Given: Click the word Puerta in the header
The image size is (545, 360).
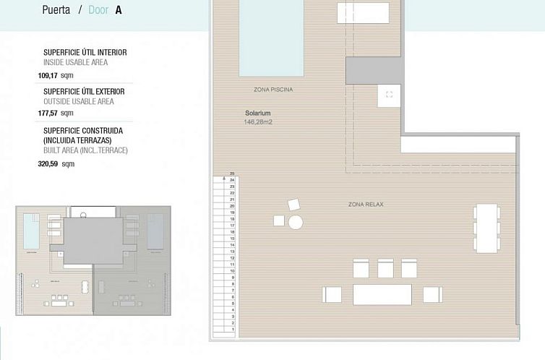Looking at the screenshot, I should point(56,11).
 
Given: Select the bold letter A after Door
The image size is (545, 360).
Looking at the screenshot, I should point(119,11).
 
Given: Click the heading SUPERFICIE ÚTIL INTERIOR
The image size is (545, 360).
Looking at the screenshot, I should point(85,53).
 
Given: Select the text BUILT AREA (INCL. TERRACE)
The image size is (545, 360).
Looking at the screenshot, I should point(85,150).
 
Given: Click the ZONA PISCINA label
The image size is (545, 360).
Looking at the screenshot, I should point(273,90).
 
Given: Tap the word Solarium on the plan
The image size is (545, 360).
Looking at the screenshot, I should point(258,113).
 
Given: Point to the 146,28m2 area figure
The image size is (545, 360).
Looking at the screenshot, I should point(258,122).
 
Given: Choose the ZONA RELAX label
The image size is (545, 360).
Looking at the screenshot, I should point(366,205).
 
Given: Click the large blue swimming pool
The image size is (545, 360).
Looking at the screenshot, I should point(271,36).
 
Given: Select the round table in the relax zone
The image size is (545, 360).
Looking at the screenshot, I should point(295,223).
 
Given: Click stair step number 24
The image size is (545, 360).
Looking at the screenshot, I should point(232,179).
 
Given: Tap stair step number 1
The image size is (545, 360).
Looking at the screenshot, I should point(232,329).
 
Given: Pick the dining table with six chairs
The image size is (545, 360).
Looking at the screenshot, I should point(486,228).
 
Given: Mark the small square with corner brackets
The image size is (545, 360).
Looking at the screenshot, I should point(389,95).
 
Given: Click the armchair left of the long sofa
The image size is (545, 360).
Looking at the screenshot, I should point(332,294).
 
